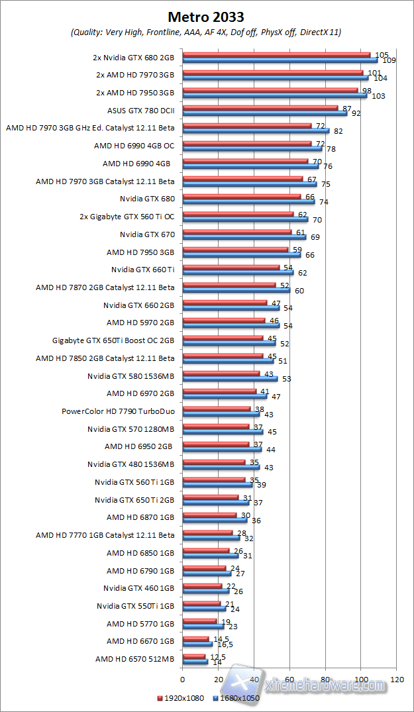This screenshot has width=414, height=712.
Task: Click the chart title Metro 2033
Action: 206,17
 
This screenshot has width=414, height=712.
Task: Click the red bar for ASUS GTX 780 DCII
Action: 260,108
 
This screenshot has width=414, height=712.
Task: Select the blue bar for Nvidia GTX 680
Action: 248,201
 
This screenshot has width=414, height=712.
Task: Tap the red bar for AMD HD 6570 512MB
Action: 193,656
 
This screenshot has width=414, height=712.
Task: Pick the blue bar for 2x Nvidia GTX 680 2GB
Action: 279,60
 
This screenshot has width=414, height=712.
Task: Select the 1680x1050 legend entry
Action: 236,697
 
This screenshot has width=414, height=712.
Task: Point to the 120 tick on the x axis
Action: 397,679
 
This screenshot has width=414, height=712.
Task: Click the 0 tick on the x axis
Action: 182,679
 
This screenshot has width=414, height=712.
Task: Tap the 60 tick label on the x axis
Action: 289,679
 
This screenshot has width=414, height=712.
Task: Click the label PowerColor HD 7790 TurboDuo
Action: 118,411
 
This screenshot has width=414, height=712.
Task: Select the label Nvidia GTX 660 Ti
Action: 143,270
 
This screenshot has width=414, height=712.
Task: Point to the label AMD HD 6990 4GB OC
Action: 134,145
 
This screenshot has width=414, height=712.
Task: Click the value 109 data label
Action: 389,60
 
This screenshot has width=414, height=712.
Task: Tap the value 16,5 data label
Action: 223,644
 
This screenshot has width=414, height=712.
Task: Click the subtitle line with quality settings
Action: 206,32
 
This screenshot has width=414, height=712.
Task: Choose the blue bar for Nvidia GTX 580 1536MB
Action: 229,379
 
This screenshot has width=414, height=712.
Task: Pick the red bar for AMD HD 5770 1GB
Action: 199,621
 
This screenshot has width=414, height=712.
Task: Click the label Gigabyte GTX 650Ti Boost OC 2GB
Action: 113,340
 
